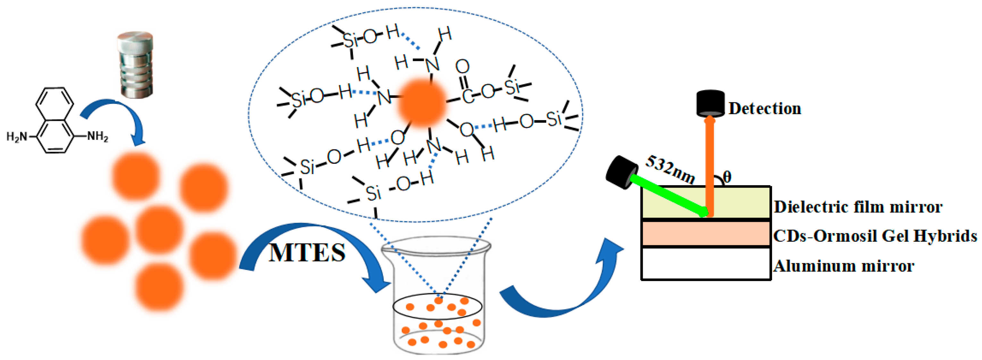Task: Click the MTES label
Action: tap(307, 253)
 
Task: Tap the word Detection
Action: tap(765, 109)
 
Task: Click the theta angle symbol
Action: tap(727, 177)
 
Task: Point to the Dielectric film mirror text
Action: tap(858, 207)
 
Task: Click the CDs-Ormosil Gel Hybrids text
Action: tap(875, 236)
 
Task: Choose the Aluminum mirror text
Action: tap(844, 266)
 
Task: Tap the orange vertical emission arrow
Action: tap(709, 164)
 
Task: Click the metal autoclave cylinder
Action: tap(135, 65)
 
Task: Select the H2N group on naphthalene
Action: tap(17, 136)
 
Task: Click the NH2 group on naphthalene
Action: tap(97, 136)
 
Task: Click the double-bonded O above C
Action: tap(462, 67)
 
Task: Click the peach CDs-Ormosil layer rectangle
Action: tap(706, 234)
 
